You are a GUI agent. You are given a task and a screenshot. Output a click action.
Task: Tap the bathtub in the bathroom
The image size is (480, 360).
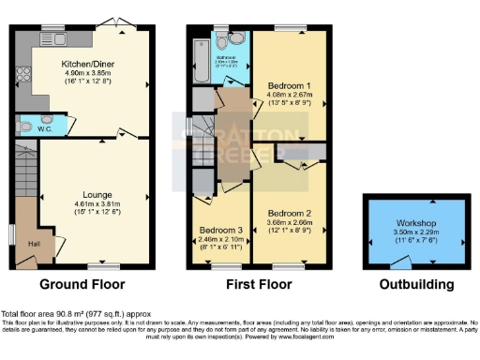[200, 59]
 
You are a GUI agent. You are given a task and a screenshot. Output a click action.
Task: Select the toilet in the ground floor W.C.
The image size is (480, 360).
[24, 126]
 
